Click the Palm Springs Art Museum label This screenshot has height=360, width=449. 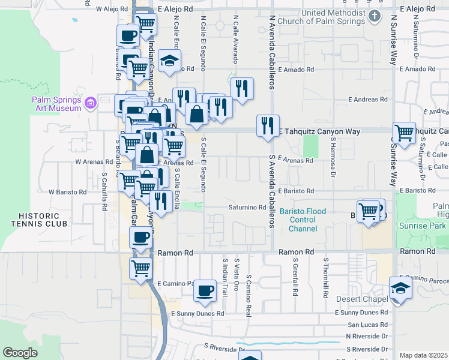56,104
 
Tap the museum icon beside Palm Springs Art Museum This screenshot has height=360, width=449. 91,104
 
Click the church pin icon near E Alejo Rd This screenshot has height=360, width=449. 375,16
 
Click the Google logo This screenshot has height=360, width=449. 20,353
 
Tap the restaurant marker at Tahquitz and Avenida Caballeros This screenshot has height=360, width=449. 267,125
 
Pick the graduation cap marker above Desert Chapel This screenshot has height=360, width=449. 400,287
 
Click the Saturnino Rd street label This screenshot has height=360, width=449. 247,208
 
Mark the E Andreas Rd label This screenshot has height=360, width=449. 367,100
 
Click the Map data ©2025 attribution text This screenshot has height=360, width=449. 424,355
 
